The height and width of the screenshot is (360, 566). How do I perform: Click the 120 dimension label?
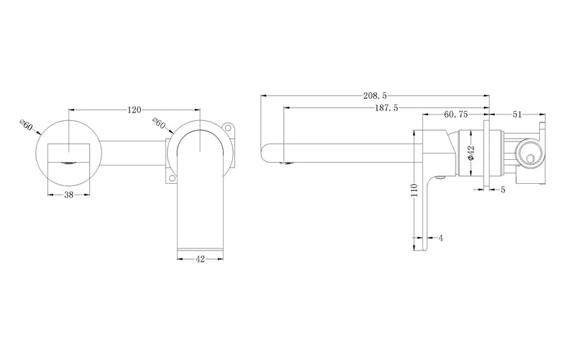(x=134, y=110)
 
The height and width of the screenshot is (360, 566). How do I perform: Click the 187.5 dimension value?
(x=386, y=108)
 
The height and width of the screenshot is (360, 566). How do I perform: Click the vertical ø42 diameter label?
(x=470, y=153)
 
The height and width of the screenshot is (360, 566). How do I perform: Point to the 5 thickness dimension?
(x=502, y=189)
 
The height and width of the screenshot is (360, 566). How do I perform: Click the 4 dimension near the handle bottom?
(x=440, y=238)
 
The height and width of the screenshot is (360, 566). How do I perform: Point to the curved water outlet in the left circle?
(x=69, y=161)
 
